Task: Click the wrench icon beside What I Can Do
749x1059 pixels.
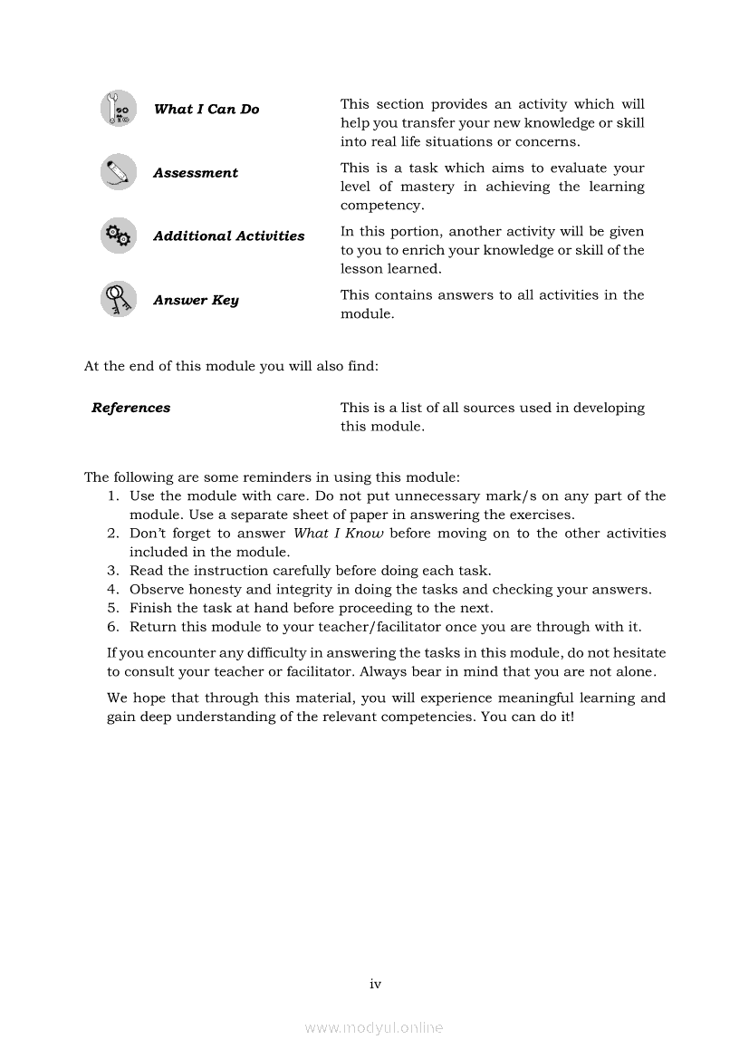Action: point(119,109)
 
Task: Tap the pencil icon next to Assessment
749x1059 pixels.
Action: point(119,172)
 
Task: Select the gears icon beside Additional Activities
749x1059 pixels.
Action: point(119,236)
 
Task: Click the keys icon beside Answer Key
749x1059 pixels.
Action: point(119,299)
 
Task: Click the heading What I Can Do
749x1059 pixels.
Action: point(206,110)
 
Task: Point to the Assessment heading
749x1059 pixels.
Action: point(196,173)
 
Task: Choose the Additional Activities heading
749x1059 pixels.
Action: point(229,236)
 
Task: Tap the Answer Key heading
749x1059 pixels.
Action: point(196,300)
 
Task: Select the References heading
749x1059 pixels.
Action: point(131,408)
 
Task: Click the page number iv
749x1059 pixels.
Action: point(375,984)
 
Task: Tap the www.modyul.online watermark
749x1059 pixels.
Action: point(374,1028)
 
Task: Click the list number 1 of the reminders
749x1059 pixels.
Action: point(113,496)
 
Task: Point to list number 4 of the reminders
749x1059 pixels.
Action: point(113,589)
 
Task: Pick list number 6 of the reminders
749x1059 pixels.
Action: point(113,627)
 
